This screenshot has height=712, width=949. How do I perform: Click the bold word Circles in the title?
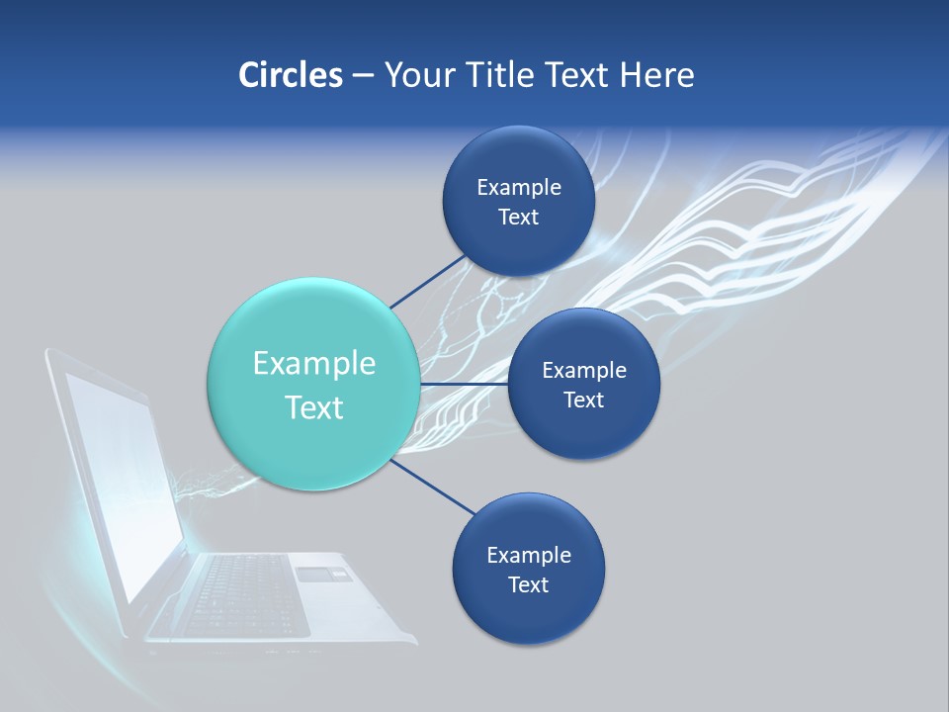[290, 74]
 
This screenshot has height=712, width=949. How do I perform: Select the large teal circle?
[313, 384]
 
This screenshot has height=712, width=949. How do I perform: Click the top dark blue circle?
[519, 202]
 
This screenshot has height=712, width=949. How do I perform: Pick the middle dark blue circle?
[583, 384]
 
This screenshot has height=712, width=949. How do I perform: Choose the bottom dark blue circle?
[528, 570]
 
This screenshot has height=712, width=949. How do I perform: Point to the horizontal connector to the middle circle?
[463, 384]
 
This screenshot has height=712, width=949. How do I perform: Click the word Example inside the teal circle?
[314, 363]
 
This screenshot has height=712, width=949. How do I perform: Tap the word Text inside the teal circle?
[314, 407]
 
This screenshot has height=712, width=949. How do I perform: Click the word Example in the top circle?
[519, 188]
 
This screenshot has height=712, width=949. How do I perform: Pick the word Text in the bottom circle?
[528, 584]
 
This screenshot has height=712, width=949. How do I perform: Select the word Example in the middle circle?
[583, 370]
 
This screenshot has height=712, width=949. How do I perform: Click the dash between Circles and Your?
[362, 75]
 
